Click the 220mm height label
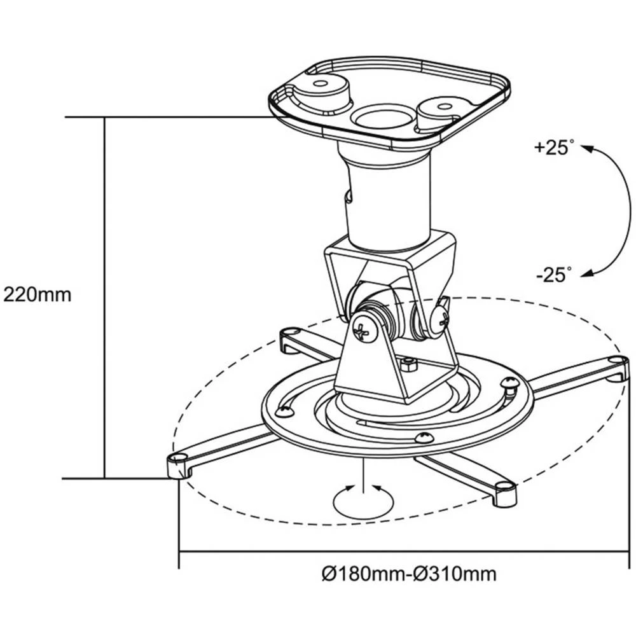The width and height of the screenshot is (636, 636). click(x=37, y=295)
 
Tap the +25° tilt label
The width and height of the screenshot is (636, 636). click(x=550, y=148)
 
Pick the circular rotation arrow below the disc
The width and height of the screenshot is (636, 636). click(x=362, y=500)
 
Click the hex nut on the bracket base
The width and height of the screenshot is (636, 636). click(x=408, y=363)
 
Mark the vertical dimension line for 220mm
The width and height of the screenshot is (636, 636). click(x=104, y=295)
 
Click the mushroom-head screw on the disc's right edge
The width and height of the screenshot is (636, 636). click(x=509, y=385)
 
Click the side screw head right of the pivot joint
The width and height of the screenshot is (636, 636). click(x=440, y=316)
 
